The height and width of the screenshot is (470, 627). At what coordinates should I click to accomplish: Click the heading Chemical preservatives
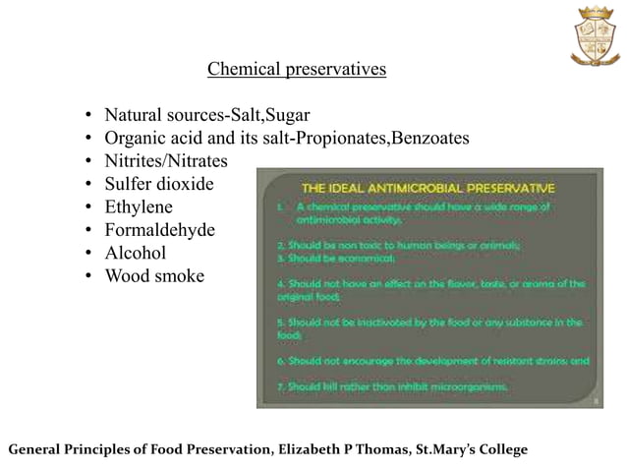click(297, 70)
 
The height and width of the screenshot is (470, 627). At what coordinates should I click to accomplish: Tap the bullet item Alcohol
click(136, 254)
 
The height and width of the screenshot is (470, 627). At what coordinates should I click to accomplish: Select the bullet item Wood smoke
click(154, 276)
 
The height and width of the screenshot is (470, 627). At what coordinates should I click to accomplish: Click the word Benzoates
click(430, 138)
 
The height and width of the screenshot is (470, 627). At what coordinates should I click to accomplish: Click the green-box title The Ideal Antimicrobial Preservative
click(427, 186)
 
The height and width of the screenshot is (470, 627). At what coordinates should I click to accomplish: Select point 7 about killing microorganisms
click(393, 386)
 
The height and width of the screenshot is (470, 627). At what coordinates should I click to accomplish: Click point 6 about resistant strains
click(432, 360)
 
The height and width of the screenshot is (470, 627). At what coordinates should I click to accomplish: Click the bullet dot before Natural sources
click(88, 115)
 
